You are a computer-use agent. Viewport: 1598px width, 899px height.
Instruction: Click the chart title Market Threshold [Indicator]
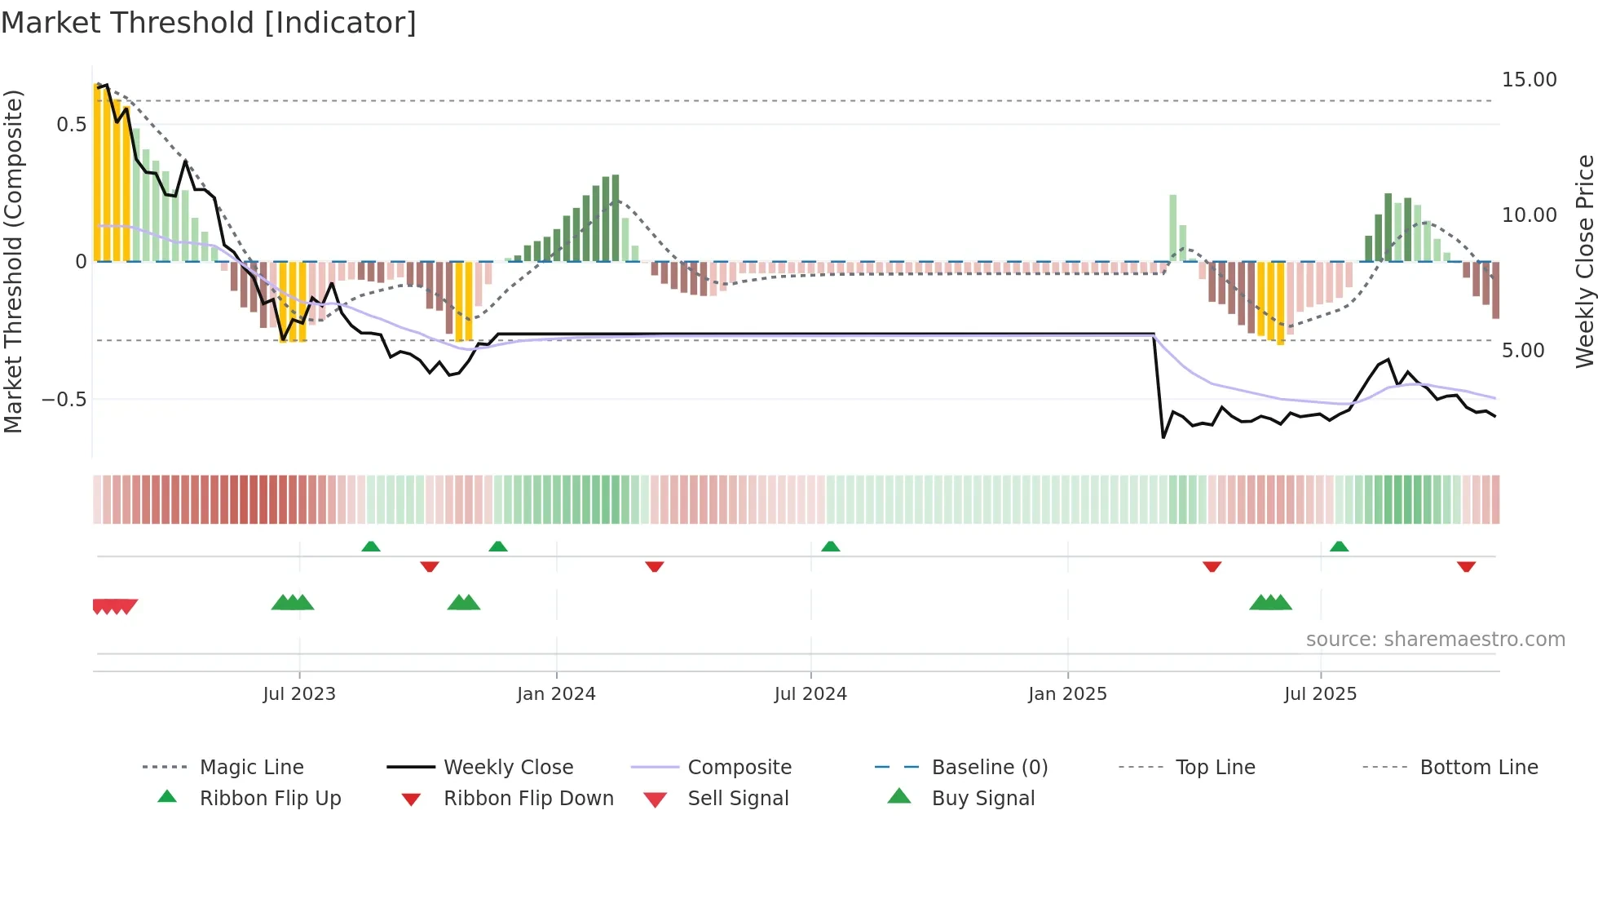click(209, 23)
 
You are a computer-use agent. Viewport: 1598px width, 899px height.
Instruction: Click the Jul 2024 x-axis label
click(810, 694)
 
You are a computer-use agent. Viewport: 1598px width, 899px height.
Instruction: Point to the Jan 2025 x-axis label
click(1067, 694)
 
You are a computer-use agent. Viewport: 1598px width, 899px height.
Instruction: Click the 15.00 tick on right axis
click(1529, 80)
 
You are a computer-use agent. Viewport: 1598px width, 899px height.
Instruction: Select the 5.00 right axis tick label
click(1523, 351)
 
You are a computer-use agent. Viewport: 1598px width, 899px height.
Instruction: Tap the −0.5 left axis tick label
click(64, 400)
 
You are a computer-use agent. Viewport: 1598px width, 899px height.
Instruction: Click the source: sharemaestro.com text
click(1435, 640)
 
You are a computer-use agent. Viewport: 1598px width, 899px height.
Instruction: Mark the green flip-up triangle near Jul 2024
click(830, 547)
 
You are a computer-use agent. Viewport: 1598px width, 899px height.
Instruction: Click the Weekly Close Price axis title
click(1584, 261)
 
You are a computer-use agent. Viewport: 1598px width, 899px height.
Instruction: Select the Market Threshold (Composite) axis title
click(13, 261)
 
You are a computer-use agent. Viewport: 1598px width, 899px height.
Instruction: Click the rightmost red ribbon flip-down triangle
click(1466, 566)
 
